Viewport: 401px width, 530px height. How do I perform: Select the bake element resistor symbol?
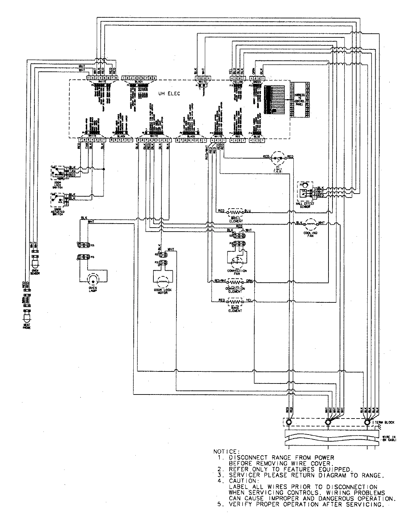pyautogui.click(x=235, y=301)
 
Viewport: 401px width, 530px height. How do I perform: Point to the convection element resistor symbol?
pyautogui.click(x=235, y=282)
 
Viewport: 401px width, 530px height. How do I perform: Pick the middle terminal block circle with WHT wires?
pyautogui.click(x=328, y=422)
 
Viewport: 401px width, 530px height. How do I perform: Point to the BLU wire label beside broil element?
pyautogui.click(x=248, y=211)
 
